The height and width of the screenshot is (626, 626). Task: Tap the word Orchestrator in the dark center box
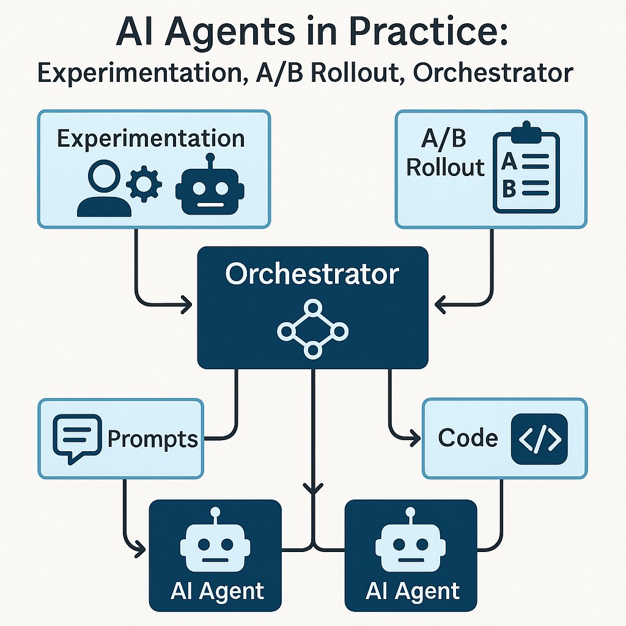pyautogui.click(x=312, y=274)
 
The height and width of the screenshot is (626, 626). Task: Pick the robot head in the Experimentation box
pyautogui.click(x=210, y=187)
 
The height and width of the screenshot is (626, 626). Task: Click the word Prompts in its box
pyautogui.click(x=153, y=438)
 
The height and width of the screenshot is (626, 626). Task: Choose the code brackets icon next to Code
pyautogui.click(x=539, y=438)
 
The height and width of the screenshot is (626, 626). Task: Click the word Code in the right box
pyautogui.click(x=468, y=438)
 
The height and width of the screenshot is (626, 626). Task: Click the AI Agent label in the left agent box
pyautogui.click(x=216, y=591)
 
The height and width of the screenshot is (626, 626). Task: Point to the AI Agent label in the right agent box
pyautogui.click(x=412, y=591)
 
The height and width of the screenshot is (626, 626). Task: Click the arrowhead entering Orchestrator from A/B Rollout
pyautogui.click(x=440, y=302)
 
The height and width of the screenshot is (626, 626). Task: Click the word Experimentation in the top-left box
pyautogui.click(x=150, y=138)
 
